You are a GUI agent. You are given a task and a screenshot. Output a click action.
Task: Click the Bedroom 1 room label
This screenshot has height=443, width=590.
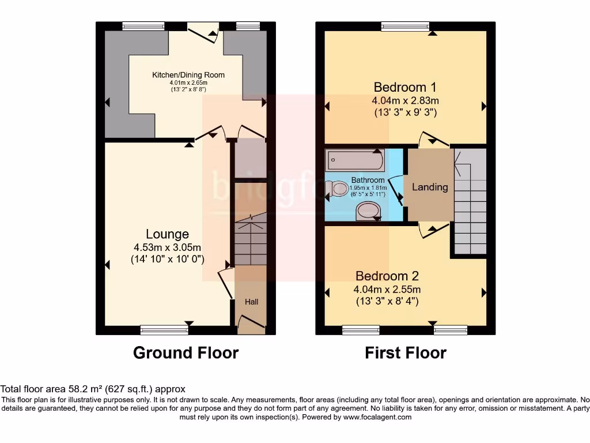[404, 88]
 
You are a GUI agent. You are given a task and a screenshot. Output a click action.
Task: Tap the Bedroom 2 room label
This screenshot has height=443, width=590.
[387, 276]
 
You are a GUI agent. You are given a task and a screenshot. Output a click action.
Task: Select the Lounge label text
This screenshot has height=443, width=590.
[167, 234]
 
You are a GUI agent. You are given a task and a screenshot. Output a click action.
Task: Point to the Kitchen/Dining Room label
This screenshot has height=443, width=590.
[188, 75]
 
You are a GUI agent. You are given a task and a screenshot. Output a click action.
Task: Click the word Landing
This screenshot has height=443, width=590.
[430, 187]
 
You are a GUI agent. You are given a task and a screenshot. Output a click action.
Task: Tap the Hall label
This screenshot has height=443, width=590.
[251, 302]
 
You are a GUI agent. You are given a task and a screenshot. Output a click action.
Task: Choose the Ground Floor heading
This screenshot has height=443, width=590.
[186, 352]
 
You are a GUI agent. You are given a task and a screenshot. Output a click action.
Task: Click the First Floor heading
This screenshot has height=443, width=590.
[405, 352]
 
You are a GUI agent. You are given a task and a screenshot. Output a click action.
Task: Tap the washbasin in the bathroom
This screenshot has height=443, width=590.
[368, 211]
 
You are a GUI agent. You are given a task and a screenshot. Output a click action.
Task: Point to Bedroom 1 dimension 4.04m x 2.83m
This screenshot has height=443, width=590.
[404, 100]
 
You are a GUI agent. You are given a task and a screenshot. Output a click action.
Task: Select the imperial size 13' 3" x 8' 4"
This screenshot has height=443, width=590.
[387, 301]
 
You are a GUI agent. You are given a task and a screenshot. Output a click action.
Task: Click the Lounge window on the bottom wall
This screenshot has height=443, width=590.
[164, 329]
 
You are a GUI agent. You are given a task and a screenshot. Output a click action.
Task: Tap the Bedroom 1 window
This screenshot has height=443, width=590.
[405, 26]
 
